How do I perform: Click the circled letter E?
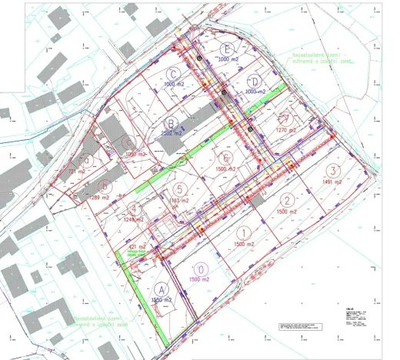tap(224, 48)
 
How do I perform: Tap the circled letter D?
tap(255, 81)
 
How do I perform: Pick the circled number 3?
tap(332, 171)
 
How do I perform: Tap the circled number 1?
tap(243, 232)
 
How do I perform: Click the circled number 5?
tap(179, 188)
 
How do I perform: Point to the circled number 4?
tap(134, 208)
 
